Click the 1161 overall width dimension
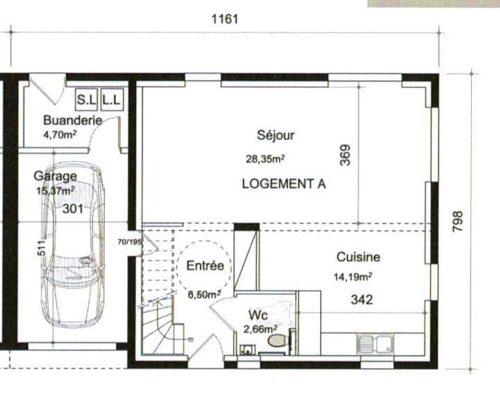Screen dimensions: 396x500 (x=226, y=19)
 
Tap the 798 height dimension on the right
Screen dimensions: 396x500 (x=458, y=222)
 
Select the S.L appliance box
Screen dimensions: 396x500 (x=84, y=99)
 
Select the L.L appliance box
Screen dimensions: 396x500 (x=112, y=99)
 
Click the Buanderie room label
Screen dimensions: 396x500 (x=72, y=121)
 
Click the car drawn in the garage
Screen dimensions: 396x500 (x=74, y=250)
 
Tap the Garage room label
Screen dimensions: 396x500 (x=56, y=176)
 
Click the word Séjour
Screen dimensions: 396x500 (x=276, y=135)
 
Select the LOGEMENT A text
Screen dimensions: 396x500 (x=283, y=184)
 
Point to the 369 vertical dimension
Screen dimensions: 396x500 (x=346, y=155)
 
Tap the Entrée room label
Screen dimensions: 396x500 (x=205, y=266)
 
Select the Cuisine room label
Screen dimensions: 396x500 (x=358, y=257)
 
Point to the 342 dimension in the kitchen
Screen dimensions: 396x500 (x=361, y=300)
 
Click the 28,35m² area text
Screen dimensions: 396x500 (x=264, y=159)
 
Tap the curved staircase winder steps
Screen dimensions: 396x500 (x=159, y=325)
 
